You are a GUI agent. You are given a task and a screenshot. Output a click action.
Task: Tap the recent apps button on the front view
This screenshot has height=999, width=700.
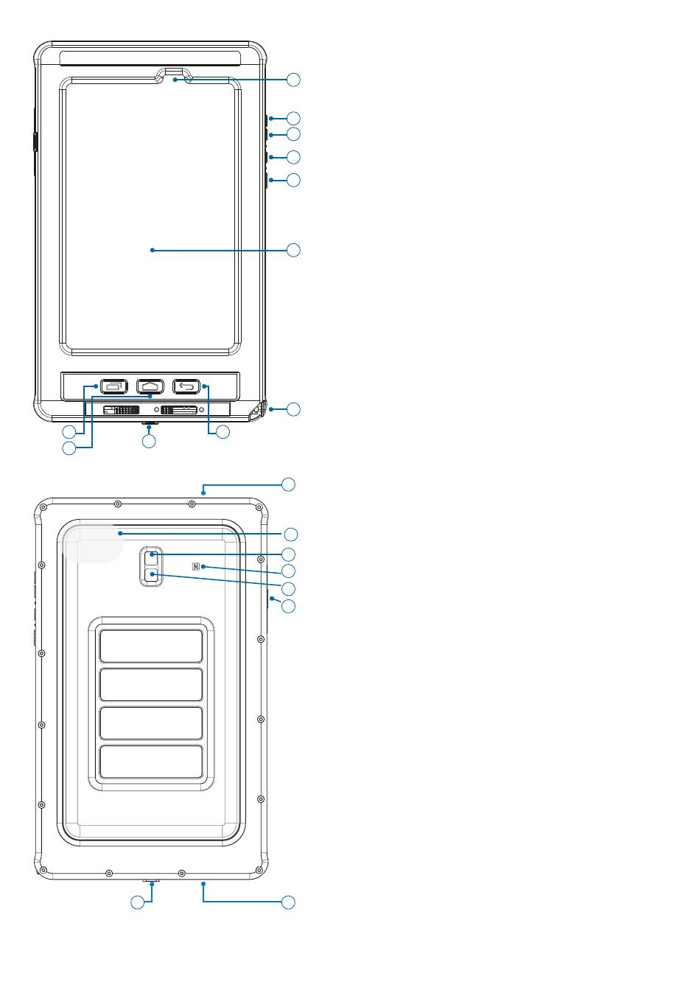113,386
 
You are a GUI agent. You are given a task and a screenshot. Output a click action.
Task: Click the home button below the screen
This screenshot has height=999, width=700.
150,386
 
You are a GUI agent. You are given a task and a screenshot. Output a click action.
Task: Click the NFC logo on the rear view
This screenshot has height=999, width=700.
195,567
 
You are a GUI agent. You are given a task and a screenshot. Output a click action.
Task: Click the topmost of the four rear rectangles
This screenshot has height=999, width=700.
151,647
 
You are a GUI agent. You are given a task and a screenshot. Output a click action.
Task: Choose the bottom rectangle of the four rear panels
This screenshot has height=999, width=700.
151,762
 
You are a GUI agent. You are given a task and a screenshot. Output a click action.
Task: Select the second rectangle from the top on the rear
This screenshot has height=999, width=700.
151,685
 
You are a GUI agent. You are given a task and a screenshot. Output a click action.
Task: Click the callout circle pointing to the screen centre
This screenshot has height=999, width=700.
293,250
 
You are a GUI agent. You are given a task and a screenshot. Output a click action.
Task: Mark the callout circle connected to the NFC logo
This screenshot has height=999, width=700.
289,571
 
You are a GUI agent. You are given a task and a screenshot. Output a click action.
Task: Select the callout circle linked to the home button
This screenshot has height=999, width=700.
69,448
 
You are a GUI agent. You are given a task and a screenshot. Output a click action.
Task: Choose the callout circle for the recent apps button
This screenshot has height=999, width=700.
69,432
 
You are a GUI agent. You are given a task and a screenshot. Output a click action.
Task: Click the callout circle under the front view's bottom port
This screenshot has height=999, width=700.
149,442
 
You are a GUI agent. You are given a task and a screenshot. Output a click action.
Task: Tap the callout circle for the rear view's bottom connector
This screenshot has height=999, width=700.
138,902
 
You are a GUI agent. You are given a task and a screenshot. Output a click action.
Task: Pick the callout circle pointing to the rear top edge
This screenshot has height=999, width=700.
289,484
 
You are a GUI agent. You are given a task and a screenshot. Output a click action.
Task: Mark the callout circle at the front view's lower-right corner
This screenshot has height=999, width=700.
293,409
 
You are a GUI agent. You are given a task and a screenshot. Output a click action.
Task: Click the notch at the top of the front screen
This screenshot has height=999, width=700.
175,76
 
